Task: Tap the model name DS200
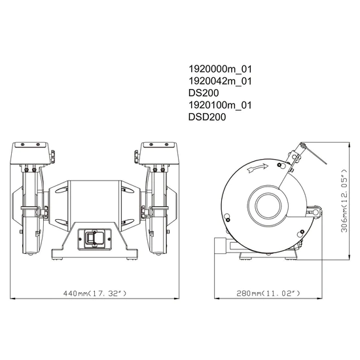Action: [204, 93]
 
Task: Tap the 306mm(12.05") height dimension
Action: [343, 203]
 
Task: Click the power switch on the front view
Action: [91, 238]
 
